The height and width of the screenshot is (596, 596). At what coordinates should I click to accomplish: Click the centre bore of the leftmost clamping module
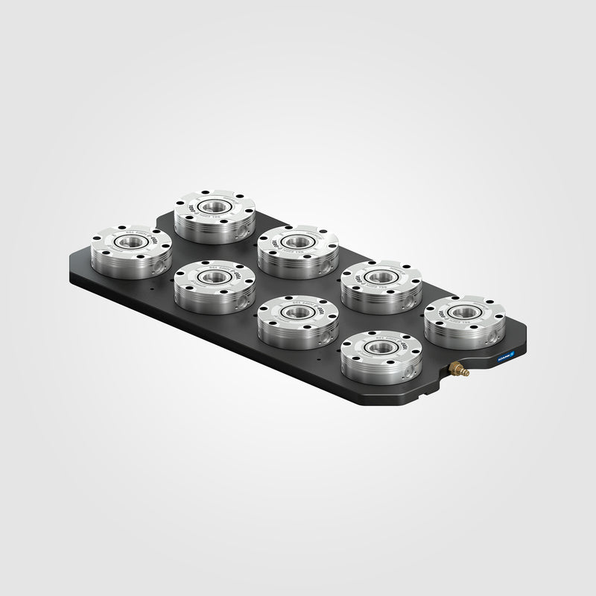(128, 241)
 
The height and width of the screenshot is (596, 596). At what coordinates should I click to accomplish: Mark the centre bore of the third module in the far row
(380, 276)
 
